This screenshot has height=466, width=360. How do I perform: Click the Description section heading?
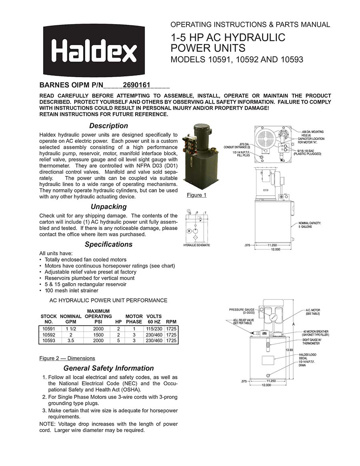pos(108,126)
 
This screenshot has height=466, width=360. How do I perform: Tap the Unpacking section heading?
pos(108,207)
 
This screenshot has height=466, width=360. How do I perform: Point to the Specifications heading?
pos(108,244)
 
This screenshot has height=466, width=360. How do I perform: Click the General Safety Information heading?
pos(108,368)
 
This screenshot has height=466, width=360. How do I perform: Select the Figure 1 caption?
pos(196,195)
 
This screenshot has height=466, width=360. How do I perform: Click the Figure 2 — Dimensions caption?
pos(67,358)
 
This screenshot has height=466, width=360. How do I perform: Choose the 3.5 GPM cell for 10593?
pos(70,340)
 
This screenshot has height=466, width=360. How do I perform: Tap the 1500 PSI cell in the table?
pos(98,335)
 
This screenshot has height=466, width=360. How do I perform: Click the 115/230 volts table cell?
pos(154,329)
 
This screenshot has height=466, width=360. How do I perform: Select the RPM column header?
pos(171,322)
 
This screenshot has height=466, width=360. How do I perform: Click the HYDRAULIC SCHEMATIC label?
pos(196,245)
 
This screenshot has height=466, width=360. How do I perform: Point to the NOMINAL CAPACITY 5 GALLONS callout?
pos(310,225)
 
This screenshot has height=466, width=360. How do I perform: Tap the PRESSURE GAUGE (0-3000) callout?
pos(242,311)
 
